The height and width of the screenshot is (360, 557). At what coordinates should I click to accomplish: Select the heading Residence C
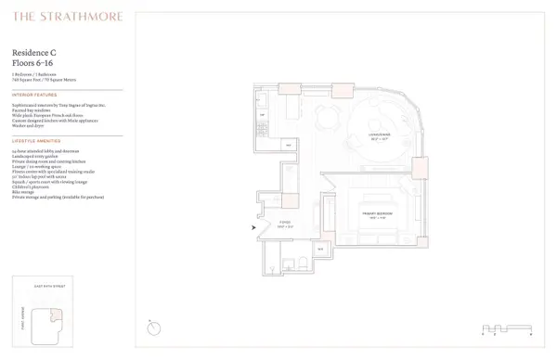click(35, 53)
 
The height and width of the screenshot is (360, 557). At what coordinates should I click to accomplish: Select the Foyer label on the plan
click(285, 225)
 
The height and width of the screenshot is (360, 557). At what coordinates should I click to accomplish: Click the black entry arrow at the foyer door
click(256, 225)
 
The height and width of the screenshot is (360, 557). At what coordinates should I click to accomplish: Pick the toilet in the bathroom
click(290, 259)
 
